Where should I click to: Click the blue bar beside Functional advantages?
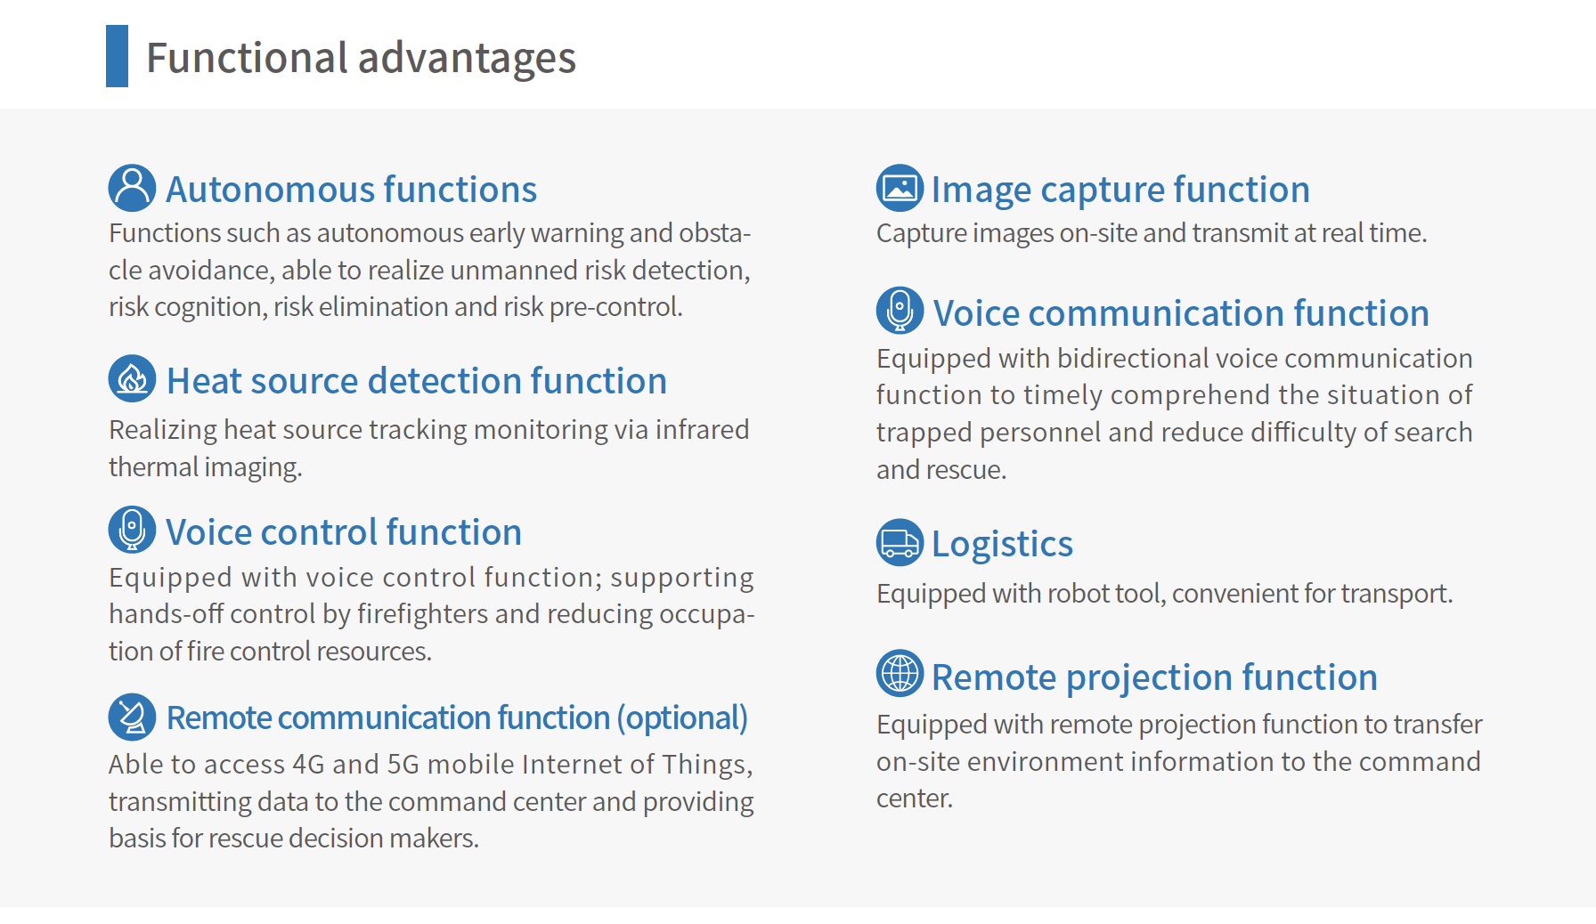(x=117, y=56)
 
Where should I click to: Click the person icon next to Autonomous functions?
(x=132, y=188)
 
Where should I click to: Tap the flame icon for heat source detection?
(x=132, y=378)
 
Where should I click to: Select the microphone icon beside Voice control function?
(x=132, y=530)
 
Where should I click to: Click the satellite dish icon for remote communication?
(x=132, y=717)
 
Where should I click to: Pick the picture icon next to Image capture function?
(x=900, y=188)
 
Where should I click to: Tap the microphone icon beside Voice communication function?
(x=900, y=311)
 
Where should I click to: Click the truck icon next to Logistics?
(x=900, y=542)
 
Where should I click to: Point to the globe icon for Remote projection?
(x=900, y=673)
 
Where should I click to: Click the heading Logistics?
(x=1002, y=544)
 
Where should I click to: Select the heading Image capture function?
(x=1120, y=190)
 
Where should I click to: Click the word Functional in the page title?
(x=247, y=58)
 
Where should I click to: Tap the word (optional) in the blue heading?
(x=682, y=717)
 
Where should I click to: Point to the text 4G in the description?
(x=308, y=765)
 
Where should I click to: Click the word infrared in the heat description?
(x=702, y=429)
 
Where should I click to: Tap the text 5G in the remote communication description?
(x=403, y=765)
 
